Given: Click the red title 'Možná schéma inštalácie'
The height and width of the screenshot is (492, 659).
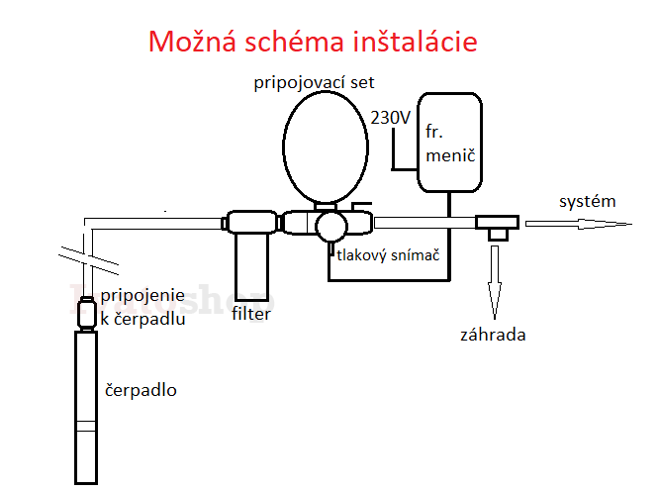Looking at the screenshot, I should click(313, 43).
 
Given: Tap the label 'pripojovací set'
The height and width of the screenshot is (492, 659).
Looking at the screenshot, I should click(313, 82).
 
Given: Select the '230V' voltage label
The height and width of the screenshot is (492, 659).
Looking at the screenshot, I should click(390, 117).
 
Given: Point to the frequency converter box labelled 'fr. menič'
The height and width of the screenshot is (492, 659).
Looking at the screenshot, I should click(449, 142).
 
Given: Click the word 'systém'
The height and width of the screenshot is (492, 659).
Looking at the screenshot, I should click(587, 201).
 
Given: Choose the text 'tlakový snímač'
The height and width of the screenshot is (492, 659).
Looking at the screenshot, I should click(387, 255).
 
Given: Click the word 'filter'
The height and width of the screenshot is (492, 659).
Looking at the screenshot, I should click(250, 315).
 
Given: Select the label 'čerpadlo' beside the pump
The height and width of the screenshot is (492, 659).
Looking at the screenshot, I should click(141, 389).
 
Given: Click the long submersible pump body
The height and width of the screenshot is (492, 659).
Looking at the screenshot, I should click(88, 406).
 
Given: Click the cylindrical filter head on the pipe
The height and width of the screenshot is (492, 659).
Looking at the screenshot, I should click(251, 224).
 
